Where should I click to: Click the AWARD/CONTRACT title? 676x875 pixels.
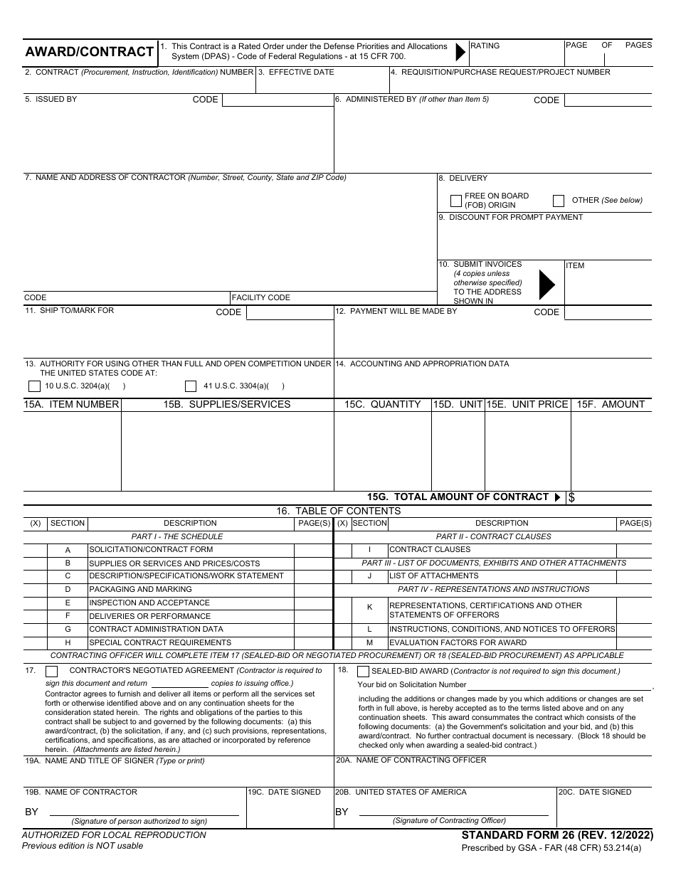click(90, 52)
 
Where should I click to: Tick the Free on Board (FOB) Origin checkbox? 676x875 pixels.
click(456, 201)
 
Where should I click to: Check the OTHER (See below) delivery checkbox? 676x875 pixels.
click(559, 201)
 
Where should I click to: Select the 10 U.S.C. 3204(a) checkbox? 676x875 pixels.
click(34, 386)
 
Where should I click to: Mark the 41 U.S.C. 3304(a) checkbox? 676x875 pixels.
click(191, 386)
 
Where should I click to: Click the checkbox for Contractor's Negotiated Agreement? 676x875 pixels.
click(52, 671)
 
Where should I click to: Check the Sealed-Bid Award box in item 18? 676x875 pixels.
click(363, 671)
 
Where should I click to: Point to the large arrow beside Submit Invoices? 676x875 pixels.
click(546, 285)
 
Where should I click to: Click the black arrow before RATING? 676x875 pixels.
click(460, 51)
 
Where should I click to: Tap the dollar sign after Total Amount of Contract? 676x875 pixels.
click(571, 498)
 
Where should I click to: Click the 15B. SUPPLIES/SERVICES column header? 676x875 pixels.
click(227, 404)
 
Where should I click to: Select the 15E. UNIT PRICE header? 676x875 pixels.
click(527, 404)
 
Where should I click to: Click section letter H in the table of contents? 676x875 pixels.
click(68, 642)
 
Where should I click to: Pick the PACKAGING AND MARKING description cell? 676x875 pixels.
click(140, 589)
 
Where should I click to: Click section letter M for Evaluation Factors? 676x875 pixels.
click(369, 642)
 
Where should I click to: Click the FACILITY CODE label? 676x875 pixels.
click(261, 297)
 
